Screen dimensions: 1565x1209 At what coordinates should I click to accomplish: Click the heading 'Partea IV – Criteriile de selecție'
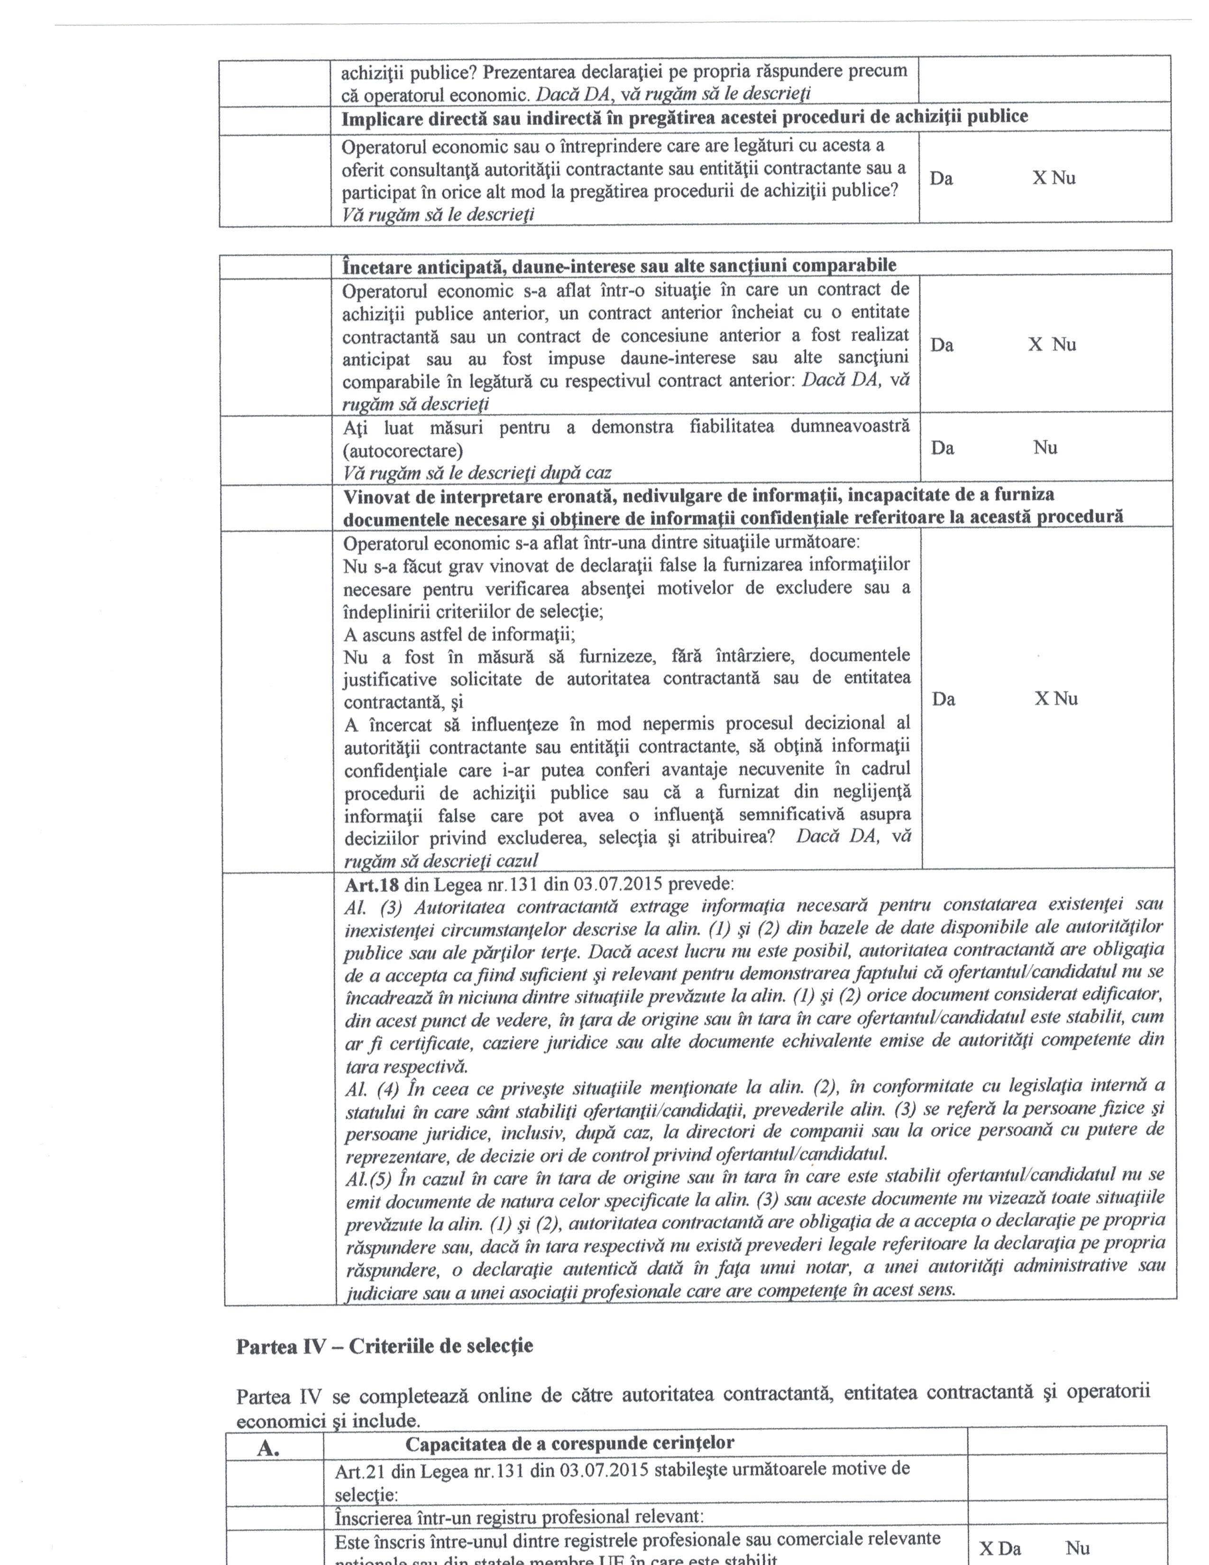click(385, 1346)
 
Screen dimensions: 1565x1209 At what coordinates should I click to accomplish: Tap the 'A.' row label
click(268, 1449)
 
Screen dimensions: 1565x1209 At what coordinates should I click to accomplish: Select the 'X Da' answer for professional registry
click(1000, 1548)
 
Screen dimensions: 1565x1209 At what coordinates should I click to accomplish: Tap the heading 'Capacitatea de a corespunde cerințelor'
click(569, 1443)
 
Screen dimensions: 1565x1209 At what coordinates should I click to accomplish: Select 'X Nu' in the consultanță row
click(1053, 178)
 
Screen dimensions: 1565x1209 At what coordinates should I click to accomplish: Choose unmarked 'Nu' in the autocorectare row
click(1045, 448)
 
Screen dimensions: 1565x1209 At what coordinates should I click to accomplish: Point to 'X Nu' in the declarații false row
click(1056, 699)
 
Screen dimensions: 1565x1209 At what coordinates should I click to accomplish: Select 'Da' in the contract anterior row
click(942, 345)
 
